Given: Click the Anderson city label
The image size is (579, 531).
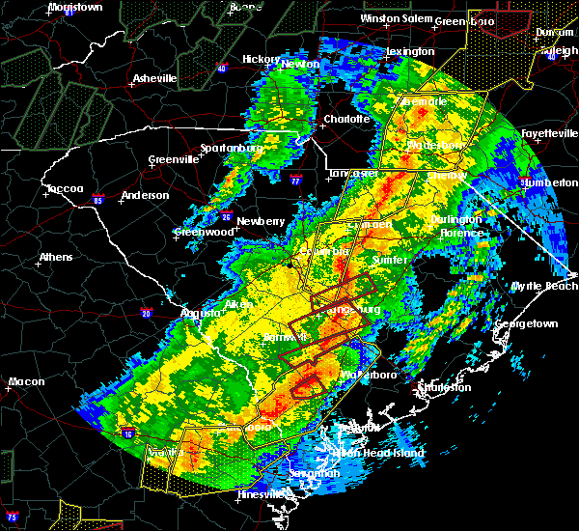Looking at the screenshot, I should point(145,196).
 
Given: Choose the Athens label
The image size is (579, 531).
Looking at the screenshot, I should point(54,258).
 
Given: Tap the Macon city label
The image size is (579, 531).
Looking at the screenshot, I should point(26,381).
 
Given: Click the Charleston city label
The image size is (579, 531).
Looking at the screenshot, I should point(445,387).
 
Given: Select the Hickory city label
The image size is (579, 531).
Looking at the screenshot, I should point(261,59).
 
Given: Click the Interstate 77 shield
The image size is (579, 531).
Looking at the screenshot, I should point(295,181).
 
